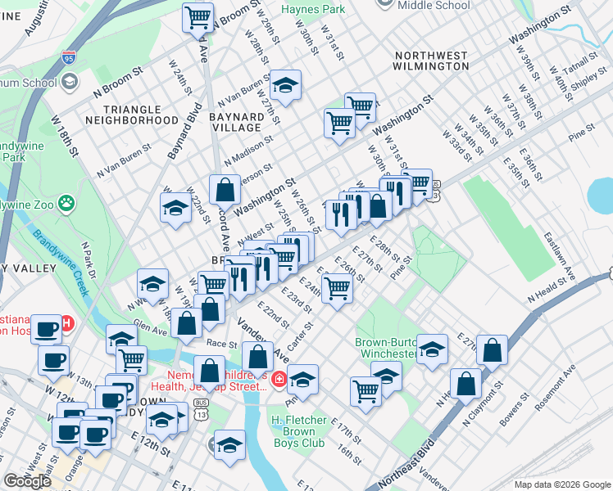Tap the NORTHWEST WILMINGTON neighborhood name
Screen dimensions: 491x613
tap(430, 61)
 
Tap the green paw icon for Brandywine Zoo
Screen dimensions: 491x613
tap(65, 200)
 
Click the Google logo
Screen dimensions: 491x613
tap(27, 481)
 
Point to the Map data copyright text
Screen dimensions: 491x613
tap(561, 484)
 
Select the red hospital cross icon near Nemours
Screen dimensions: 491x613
tap(279, 380)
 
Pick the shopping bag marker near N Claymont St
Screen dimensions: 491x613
tap(465, 383)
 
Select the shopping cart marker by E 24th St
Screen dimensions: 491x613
tap(336, 288)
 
